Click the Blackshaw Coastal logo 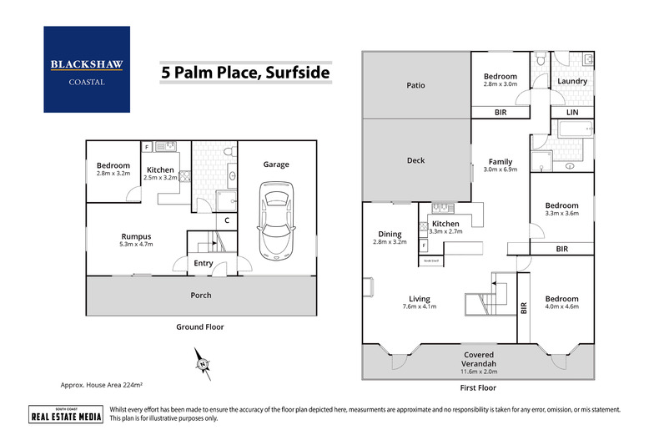(x=87, y=69)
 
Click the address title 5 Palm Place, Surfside (x=245, y=73)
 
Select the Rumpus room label (x=136, y=235)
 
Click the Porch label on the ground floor (x=201, y=295)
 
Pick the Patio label (x=415, y=85)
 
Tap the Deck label (x=415, y=161)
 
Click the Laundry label (x=572, y=81)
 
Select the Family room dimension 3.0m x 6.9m (x=501, y=169)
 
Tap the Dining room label (x=390, y=235)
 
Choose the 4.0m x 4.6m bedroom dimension (x=561, y=307)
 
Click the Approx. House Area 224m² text (x=102, y=385)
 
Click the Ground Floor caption (x=201, y=326)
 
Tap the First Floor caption (x=478, y=389)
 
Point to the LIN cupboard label (x=572, y=111)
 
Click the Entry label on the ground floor (x=203, y=264)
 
